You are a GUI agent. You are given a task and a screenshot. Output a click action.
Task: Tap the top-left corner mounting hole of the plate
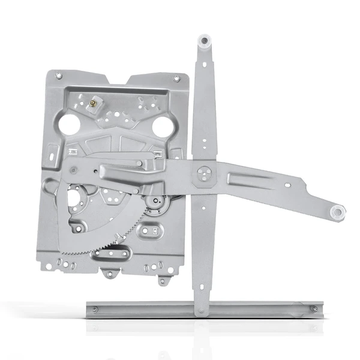(58, 76)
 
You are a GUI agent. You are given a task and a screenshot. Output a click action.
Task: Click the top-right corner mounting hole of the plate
(176, 78)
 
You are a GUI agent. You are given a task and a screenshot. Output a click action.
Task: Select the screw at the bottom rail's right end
(313, 309)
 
